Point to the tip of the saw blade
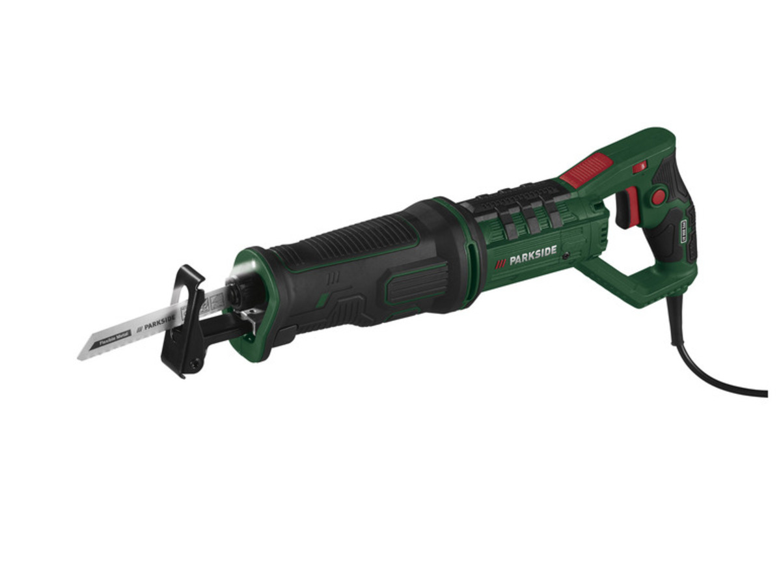(x=81, y=356)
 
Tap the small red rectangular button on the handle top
(x=640, y=167)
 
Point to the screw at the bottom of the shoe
(x=193, y=365)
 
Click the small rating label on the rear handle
(x=683, y=231)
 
